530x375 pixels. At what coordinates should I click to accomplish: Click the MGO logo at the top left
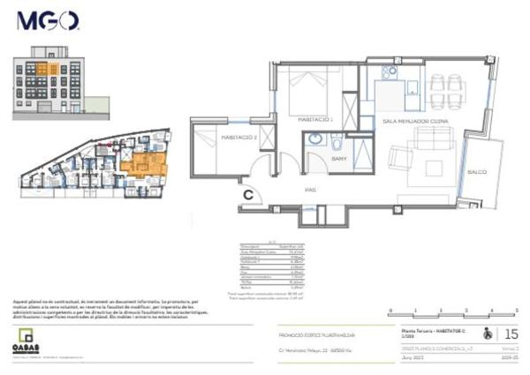click(48, 21)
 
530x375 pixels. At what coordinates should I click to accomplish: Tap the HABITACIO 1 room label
click(314, 118)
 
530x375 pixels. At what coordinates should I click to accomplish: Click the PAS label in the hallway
click(309, 189)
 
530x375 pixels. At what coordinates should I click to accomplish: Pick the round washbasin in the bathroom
click(316, 140)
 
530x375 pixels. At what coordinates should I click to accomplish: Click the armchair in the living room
click(399, 159)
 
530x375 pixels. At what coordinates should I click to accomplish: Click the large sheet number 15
click(511, 334)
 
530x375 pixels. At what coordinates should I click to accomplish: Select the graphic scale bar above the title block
click(453, 311)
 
